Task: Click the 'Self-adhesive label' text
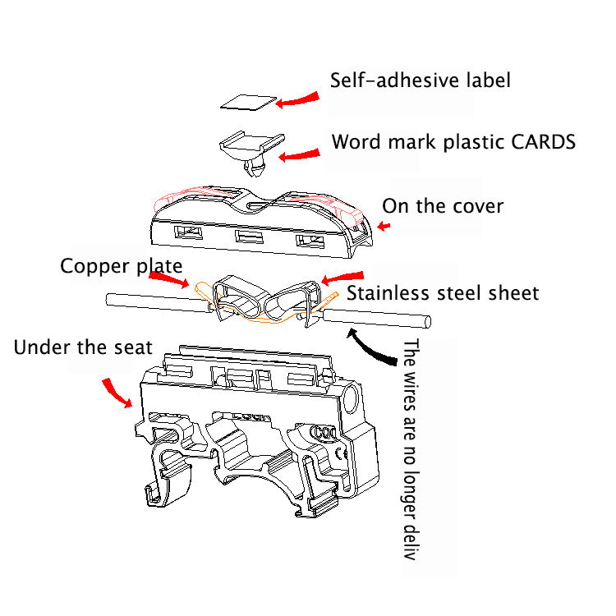point(420,81)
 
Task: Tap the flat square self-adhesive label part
point(248,102)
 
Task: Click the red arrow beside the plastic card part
point(302,154)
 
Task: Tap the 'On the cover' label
point(443,205)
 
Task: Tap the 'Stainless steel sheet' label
point(442,292)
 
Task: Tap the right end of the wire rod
point(426,320)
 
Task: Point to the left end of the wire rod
point(108,300)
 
